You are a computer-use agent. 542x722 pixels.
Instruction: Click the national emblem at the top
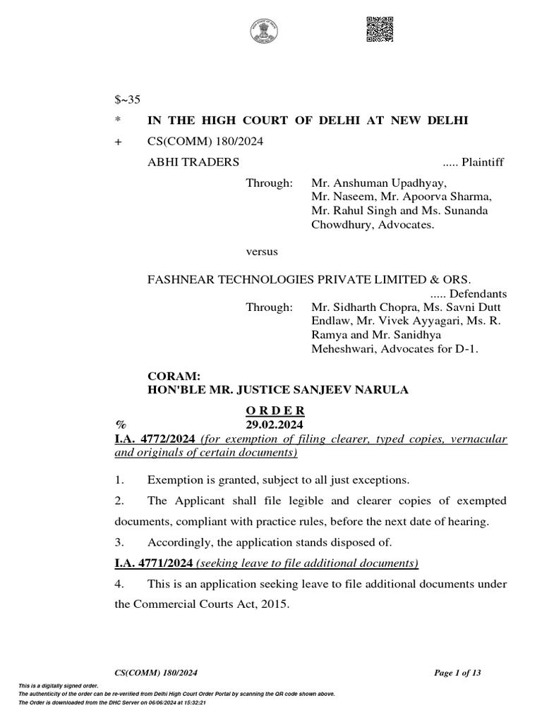click(264, 31)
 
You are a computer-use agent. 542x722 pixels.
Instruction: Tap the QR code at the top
click(380, 29)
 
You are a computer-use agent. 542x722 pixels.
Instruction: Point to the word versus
click(261, 251)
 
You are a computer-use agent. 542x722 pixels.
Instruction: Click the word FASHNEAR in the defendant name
click(178, 279)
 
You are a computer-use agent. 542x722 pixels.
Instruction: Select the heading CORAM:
click(169, 377)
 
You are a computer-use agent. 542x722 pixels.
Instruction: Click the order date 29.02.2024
click(275, 425)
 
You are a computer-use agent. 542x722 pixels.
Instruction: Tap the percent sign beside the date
click(120, 425)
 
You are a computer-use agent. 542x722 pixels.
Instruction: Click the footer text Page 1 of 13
click(457, 673)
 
